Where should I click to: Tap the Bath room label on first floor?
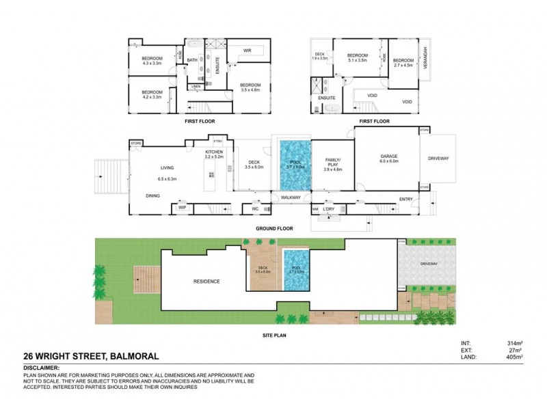[x=192, y=60]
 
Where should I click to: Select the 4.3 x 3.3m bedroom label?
[x=152, y=61]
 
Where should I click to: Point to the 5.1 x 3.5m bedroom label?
[x=358, y=58]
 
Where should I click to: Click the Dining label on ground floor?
[x=153, y=196]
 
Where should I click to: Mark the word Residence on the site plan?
[x=206, y=282]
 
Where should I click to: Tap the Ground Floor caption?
[x=274, y=228]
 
